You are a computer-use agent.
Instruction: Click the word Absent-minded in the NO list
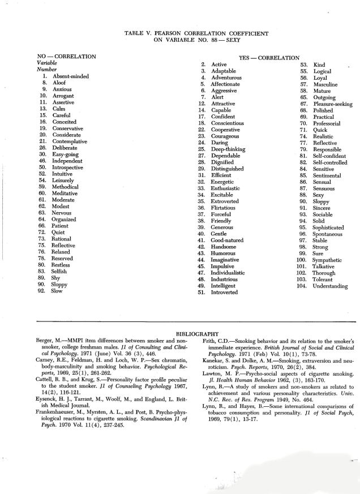[71, 76]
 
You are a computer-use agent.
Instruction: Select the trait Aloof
[59, 83]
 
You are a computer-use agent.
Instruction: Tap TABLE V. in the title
[137, 34]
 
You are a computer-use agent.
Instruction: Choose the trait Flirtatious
[223, 208]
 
